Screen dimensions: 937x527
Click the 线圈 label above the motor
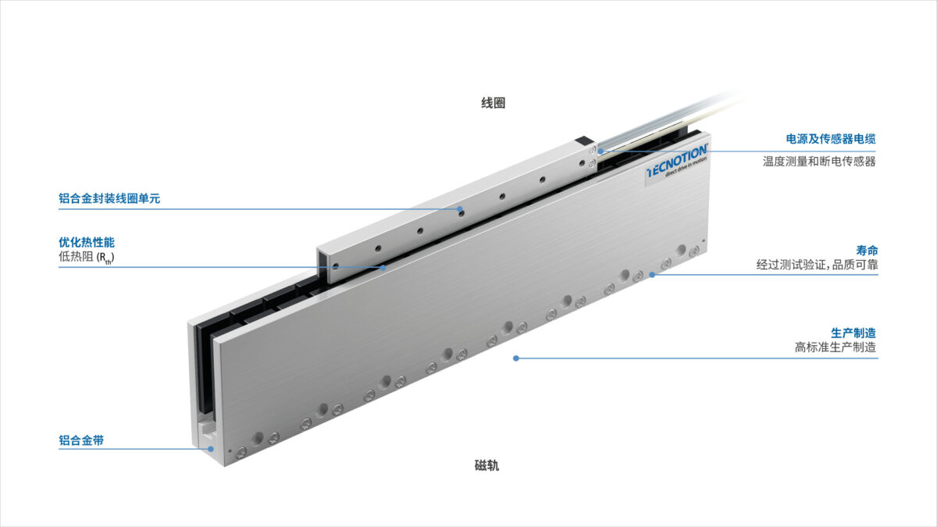[493, 103]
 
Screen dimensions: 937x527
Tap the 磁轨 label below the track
[487, 465]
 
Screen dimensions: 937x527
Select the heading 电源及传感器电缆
[831, 139]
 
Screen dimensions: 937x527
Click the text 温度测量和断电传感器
[819, 162]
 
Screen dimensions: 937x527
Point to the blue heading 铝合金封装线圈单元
[109, 198]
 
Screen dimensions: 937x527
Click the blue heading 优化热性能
[87, 242]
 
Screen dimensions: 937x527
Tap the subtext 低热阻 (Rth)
[87, 257]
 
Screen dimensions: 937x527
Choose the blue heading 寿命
[867, 251]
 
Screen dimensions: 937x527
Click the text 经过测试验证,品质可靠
[817, 265]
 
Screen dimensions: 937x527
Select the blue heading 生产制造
[853, 333]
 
